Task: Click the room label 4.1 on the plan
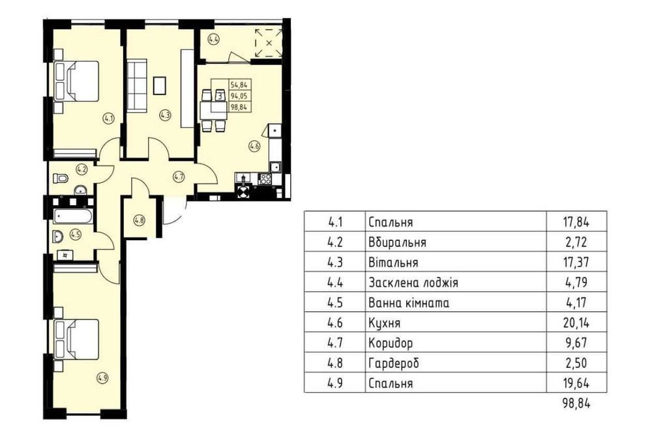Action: pyautogui.click(x=108, y=119)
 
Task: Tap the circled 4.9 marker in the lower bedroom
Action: pyautogui.click(x=102, y=378)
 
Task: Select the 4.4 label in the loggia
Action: pyautogui.click(x=214, y=40)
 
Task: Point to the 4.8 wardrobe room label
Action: pyautogui.click(x=140, y=221)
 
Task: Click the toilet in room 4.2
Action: pyautogui.click(x=61, y=178)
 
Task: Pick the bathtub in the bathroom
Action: pyautogui.click(x=73, y=216)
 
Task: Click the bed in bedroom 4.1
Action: pyautogui.click(x=76, y=81)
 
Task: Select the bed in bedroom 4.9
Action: pyautogui.click(x=76, y=339)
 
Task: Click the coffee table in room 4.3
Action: pyautogui.click(x=160, y=85)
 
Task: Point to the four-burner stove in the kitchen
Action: pyautogui.click(x=265, y=178)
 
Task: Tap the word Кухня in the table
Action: pyautogui.click(x=385, y=323)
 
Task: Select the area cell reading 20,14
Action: pyautogui.click(x=576, y=322)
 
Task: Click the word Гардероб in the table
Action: pyautogui.click(x=394, y=363)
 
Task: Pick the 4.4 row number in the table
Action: pyautogui.click(x=334, y=283)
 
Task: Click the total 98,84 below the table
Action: pyautogui.click(x=576, y=402)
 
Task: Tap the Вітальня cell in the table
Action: pyautogui.click(x=393, y=262)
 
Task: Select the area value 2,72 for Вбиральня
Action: pyautogui.click(x=576, y=242)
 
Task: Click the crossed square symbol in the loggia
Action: pyautogui.click(x=269, y=42)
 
